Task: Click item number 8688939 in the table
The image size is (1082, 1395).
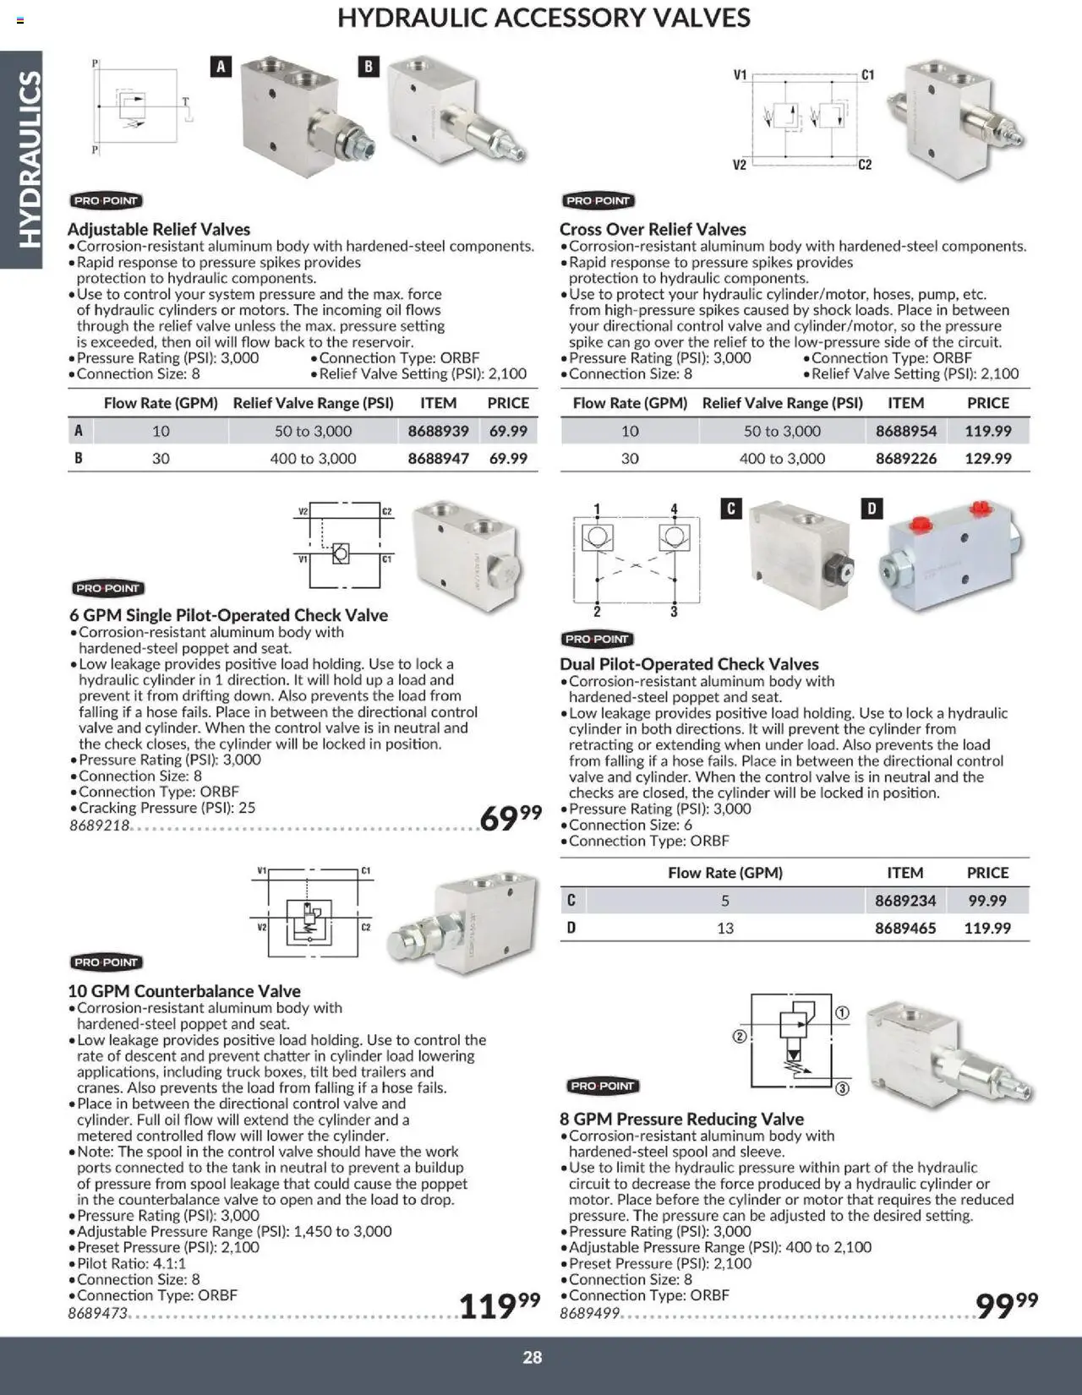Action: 438,431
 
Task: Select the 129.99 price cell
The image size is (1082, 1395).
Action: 987,459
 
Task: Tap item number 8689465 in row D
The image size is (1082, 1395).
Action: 904,928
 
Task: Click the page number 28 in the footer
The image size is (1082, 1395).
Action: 532,1357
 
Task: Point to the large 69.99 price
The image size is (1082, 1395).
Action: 510,817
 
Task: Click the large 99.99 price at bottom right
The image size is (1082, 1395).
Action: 1006,1305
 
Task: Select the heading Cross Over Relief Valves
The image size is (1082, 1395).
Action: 653,229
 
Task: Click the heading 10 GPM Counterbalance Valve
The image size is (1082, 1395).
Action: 184,991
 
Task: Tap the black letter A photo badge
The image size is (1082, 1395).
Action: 221,67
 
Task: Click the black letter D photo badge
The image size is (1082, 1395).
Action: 872,509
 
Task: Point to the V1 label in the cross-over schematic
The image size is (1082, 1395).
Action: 740,75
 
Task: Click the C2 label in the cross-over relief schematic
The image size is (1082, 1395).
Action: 865,165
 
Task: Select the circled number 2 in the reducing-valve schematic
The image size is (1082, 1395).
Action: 740,1036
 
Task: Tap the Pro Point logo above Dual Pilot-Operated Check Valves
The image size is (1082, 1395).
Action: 597,639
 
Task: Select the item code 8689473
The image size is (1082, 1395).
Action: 97,1314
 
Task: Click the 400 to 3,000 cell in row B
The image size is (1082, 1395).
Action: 313,459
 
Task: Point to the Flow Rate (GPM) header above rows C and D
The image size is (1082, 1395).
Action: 724,873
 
